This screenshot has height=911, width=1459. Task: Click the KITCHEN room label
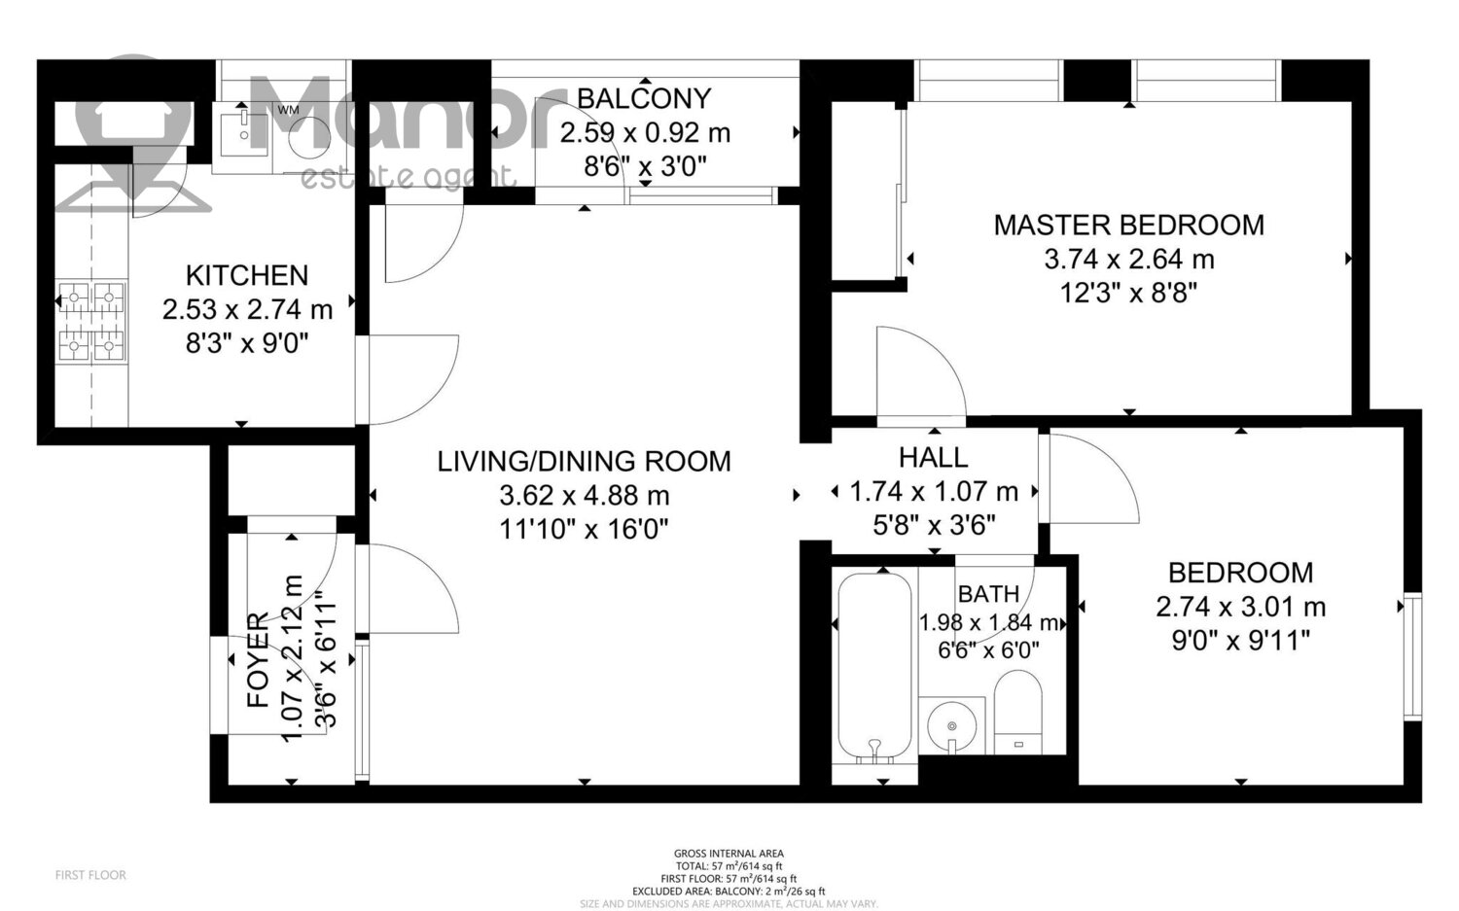click(x=247, y=275)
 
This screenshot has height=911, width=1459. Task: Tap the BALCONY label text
click(x=644, y=98)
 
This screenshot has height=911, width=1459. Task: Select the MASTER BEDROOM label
click(x=1128, y=226)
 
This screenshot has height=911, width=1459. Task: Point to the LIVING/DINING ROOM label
click(x=584, y=461)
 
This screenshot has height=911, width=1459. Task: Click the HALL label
click(x=934, y=457)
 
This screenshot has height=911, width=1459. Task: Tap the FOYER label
click(x=258, y=659)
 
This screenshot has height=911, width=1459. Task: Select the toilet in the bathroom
click(x=1018, y=712)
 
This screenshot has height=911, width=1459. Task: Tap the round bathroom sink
click(x=951, y=725)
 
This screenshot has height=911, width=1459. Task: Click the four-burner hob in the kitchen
click(x=91, y=321)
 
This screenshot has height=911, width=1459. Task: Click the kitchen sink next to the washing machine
click(x=242, y=133)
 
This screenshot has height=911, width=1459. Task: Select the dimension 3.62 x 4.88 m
click(x=585, y=496)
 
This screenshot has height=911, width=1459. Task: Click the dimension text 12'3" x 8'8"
click(x=1128, y=294)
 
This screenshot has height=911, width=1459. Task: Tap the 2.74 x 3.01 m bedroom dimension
click(x=1240, y=607)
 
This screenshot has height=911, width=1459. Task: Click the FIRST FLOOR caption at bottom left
click(x=90, y=875)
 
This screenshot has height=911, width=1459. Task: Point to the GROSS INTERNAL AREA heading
click(x=729, y=853)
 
